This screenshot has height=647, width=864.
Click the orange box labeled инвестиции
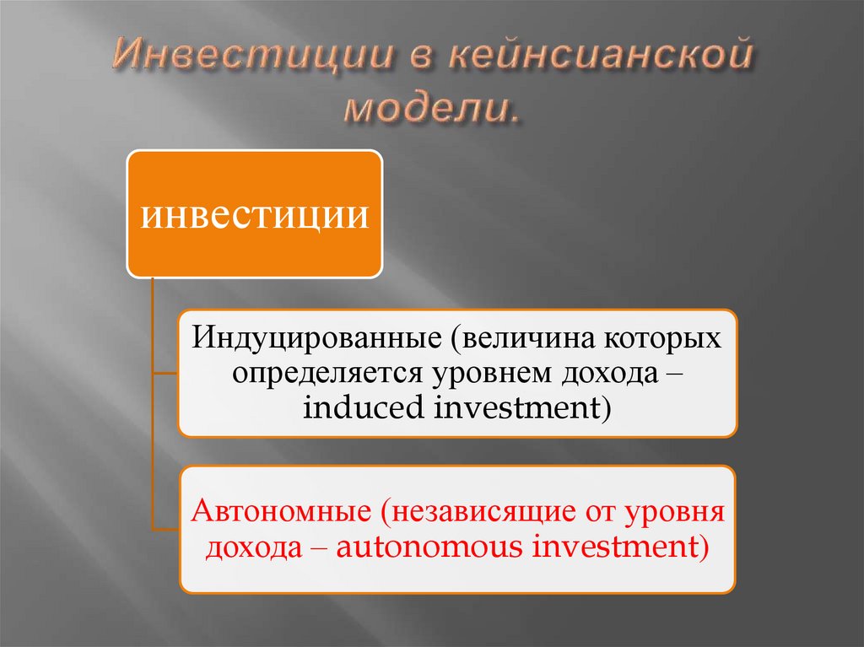(x=255, y=214)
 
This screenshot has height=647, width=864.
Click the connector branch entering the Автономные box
(x=165, y=529)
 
